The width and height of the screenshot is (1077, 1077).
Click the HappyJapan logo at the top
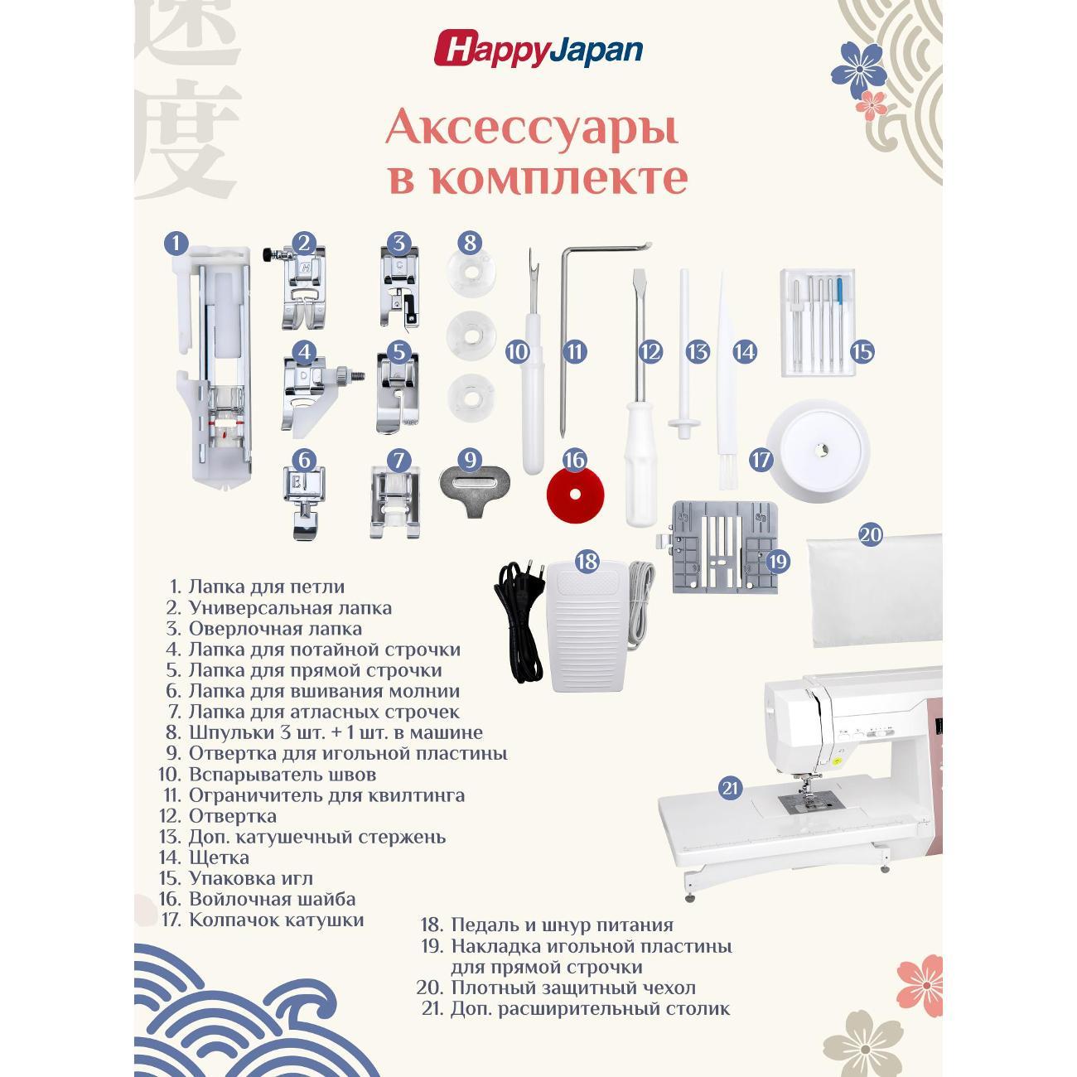(x=538, y=49)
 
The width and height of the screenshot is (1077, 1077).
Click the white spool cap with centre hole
(x=819, y=450)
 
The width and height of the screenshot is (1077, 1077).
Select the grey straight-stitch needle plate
(x=724, y=547)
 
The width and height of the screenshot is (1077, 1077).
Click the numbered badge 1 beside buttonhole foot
(x=176, y=244)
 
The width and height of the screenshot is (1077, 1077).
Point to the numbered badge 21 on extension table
(x=730, y=788)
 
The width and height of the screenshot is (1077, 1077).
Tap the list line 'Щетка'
(x=219, y=857)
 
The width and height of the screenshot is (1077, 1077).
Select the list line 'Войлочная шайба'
(x=273, y=899)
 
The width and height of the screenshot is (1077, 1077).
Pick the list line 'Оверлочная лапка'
(x=275, y=628)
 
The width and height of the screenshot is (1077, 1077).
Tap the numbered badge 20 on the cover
(x=870, y=535)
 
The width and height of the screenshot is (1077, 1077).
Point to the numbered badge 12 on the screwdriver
(x=650, y=351)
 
